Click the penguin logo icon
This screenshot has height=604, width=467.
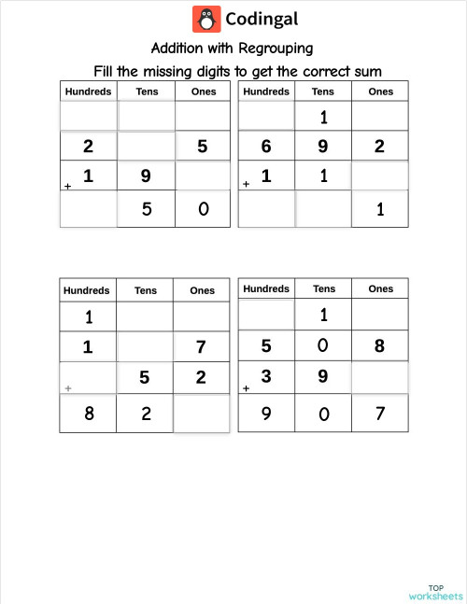tap(206, 19)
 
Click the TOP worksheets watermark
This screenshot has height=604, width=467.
tap(435, 590)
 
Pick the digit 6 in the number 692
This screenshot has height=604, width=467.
tap(266, 146)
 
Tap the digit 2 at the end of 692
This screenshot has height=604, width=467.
tap(379, 146)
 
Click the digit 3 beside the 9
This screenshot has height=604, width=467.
tap(266, 376)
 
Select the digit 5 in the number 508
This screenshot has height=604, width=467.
tap(266, 346)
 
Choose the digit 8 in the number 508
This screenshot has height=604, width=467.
tap(379, 346)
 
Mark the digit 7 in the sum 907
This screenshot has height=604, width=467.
tap(379, 412)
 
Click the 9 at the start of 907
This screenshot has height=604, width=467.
tap(266, 412)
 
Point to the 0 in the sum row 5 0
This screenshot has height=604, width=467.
tap(204, 209)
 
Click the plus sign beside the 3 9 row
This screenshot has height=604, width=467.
tap(246, 387)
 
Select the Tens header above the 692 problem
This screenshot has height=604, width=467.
tap(323, 91)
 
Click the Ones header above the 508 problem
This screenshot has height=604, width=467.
tap(381, 289)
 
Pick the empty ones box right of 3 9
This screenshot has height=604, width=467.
tap(380, 377)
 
